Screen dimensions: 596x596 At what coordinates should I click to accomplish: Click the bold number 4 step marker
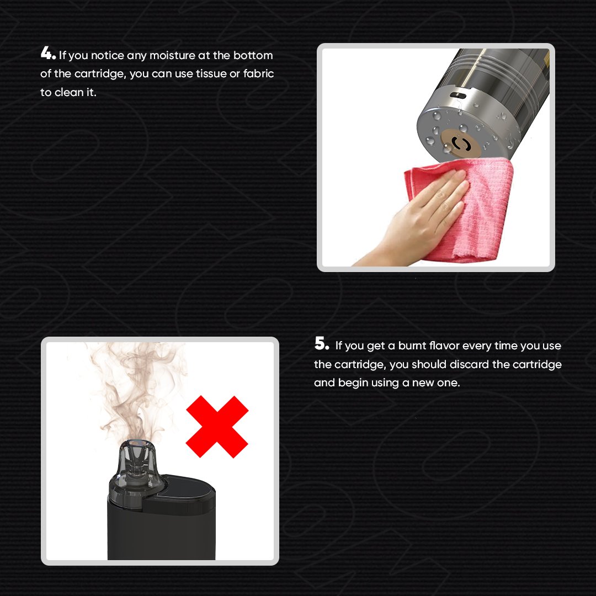click(47, 54)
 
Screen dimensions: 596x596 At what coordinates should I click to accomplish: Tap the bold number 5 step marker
click(321, 345)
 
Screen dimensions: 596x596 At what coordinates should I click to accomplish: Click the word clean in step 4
click(69, 92)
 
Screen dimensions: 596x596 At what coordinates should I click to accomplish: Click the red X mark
click(217, 426)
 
